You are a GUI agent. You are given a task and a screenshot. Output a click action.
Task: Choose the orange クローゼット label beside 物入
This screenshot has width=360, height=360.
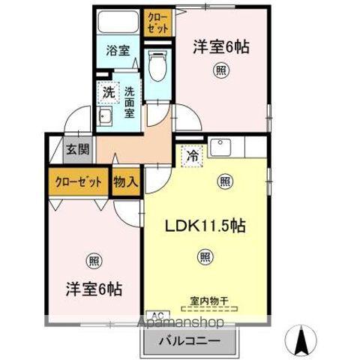77,181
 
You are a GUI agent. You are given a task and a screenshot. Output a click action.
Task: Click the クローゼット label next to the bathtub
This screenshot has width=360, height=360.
157,20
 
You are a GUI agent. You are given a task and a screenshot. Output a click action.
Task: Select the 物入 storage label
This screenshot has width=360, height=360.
125,181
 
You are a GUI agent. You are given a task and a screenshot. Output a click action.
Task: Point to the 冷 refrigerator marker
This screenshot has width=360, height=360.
193,155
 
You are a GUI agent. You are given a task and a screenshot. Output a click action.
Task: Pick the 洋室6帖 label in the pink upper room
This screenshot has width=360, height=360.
222,46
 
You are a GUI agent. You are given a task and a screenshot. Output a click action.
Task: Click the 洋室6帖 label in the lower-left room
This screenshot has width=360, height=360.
94,289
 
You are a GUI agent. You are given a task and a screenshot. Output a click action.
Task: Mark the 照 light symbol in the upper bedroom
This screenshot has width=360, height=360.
221,71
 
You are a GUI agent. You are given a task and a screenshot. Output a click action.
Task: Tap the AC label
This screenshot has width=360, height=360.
158,315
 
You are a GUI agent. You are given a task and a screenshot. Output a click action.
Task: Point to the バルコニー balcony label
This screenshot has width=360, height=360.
188,341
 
